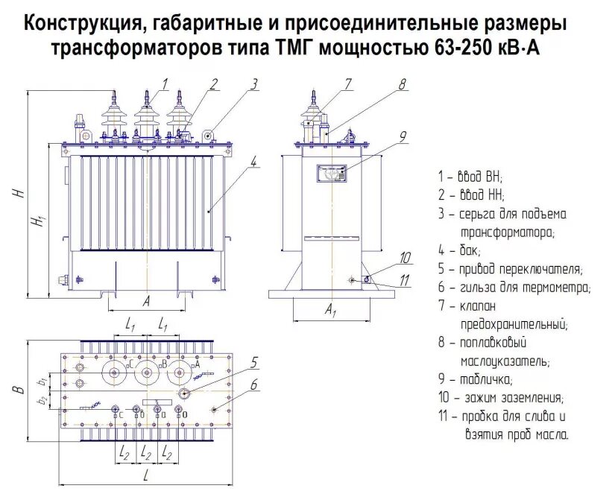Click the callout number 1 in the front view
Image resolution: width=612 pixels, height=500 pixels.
(165, 83)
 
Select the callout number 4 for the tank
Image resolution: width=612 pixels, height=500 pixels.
(253, 160)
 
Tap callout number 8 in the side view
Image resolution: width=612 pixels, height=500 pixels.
(402, 84)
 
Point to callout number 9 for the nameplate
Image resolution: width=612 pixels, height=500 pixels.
(402, 136)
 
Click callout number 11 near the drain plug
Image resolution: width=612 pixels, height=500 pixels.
(405, 280)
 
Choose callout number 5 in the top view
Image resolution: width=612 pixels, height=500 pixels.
(253, 363)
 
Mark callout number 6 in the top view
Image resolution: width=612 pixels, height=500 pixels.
(253, 385)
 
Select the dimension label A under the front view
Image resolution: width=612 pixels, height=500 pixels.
(146, 301)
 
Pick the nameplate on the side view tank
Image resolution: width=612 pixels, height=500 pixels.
(331, 174)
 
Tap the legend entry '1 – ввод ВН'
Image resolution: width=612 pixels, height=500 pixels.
(470, 177)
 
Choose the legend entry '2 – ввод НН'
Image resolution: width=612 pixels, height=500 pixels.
(470, 196)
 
